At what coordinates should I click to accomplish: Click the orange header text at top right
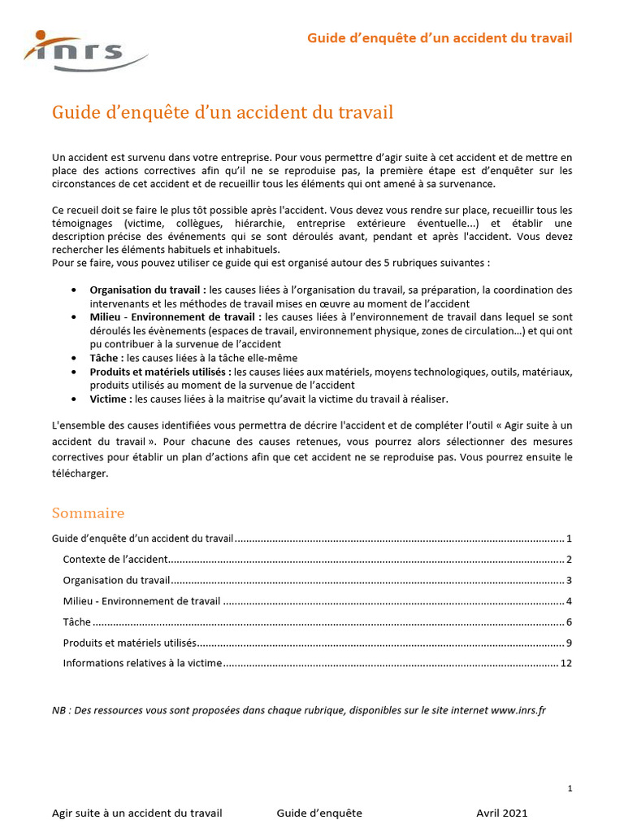tap(439, 38)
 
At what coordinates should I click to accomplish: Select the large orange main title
tap(223, 112)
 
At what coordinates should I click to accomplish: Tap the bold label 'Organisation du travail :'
tap(148, 290)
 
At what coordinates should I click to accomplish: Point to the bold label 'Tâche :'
tap(106, 358)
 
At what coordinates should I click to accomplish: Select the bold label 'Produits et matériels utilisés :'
tap(160, 372)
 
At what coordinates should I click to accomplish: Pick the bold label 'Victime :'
tap(110, 399)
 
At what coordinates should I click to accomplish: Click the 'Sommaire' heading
tap(88, 513)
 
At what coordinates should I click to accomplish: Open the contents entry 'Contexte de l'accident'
tap(115, 560)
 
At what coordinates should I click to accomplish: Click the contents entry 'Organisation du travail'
tap(116, 580)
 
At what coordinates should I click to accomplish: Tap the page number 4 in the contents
tap(570, 601)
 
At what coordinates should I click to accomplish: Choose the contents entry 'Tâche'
tap(76, 622)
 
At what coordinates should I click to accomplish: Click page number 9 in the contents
tap(570, 643)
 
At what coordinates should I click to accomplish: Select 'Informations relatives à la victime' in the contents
tap(142, 664)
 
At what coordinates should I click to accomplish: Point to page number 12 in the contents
tap(567, 664)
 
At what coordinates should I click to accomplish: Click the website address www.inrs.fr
tap(518, 710)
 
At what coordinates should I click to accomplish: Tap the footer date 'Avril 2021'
tap(501, 813)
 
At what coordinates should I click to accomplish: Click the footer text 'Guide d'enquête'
tap(319, 813)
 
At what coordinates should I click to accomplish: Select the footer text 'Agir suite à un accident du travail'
tap(136, 813)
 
